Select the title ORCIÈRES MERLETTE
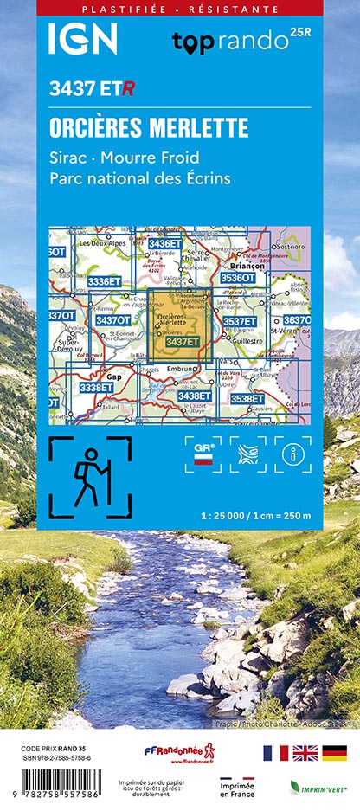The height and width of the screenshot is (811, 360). click(149, 127)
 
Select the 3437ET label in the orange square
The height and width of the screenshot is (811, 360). click(182, 342)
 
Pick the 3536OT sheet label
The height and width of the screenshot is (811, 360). click(238, 278)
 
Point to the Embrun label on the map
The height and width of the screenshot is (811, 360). click(184, 370)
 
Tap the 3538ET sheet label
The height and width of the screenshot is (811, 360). click(247, 398)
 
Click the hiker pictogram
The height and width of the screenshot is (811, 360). click(90, 478)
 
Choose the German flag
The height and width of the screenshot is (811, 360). click(335, 752)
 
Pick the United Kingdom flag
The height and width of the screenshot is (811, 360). click(305, 752)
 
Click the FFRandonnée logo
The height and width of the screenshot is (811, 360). click(178, 752)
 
